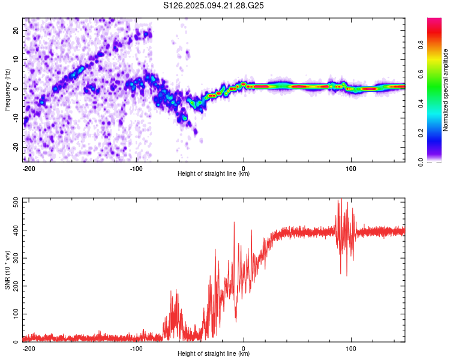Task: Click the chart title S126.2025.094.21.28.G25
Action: (213, 5)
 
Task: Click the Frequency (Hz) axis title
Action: (7, 90)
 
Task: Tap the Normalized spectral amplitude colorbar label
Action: (445, 90)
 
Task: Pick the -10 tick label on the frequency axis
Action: (16, 118)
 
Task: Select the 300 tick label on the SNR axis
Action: (16, 258)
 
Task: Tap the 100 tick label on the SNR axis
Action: (16, 314)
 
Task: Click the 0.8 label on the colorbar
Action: (421, 45)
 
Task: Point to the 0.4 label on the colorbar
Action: (421, 104)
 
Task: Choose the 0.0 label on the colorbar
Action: (421, 163)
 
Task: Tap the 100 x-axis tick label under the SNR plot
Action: (351, 349)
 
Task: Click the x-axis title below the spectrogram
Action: (214, 173)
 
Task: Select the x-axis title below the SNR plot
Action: (214, 353)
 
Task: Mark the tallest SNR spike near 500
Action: (341, 199)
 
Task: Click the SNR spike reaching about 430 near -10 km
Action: (234, 222)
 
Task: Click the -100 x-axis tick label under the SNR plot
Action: (136, 349)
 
